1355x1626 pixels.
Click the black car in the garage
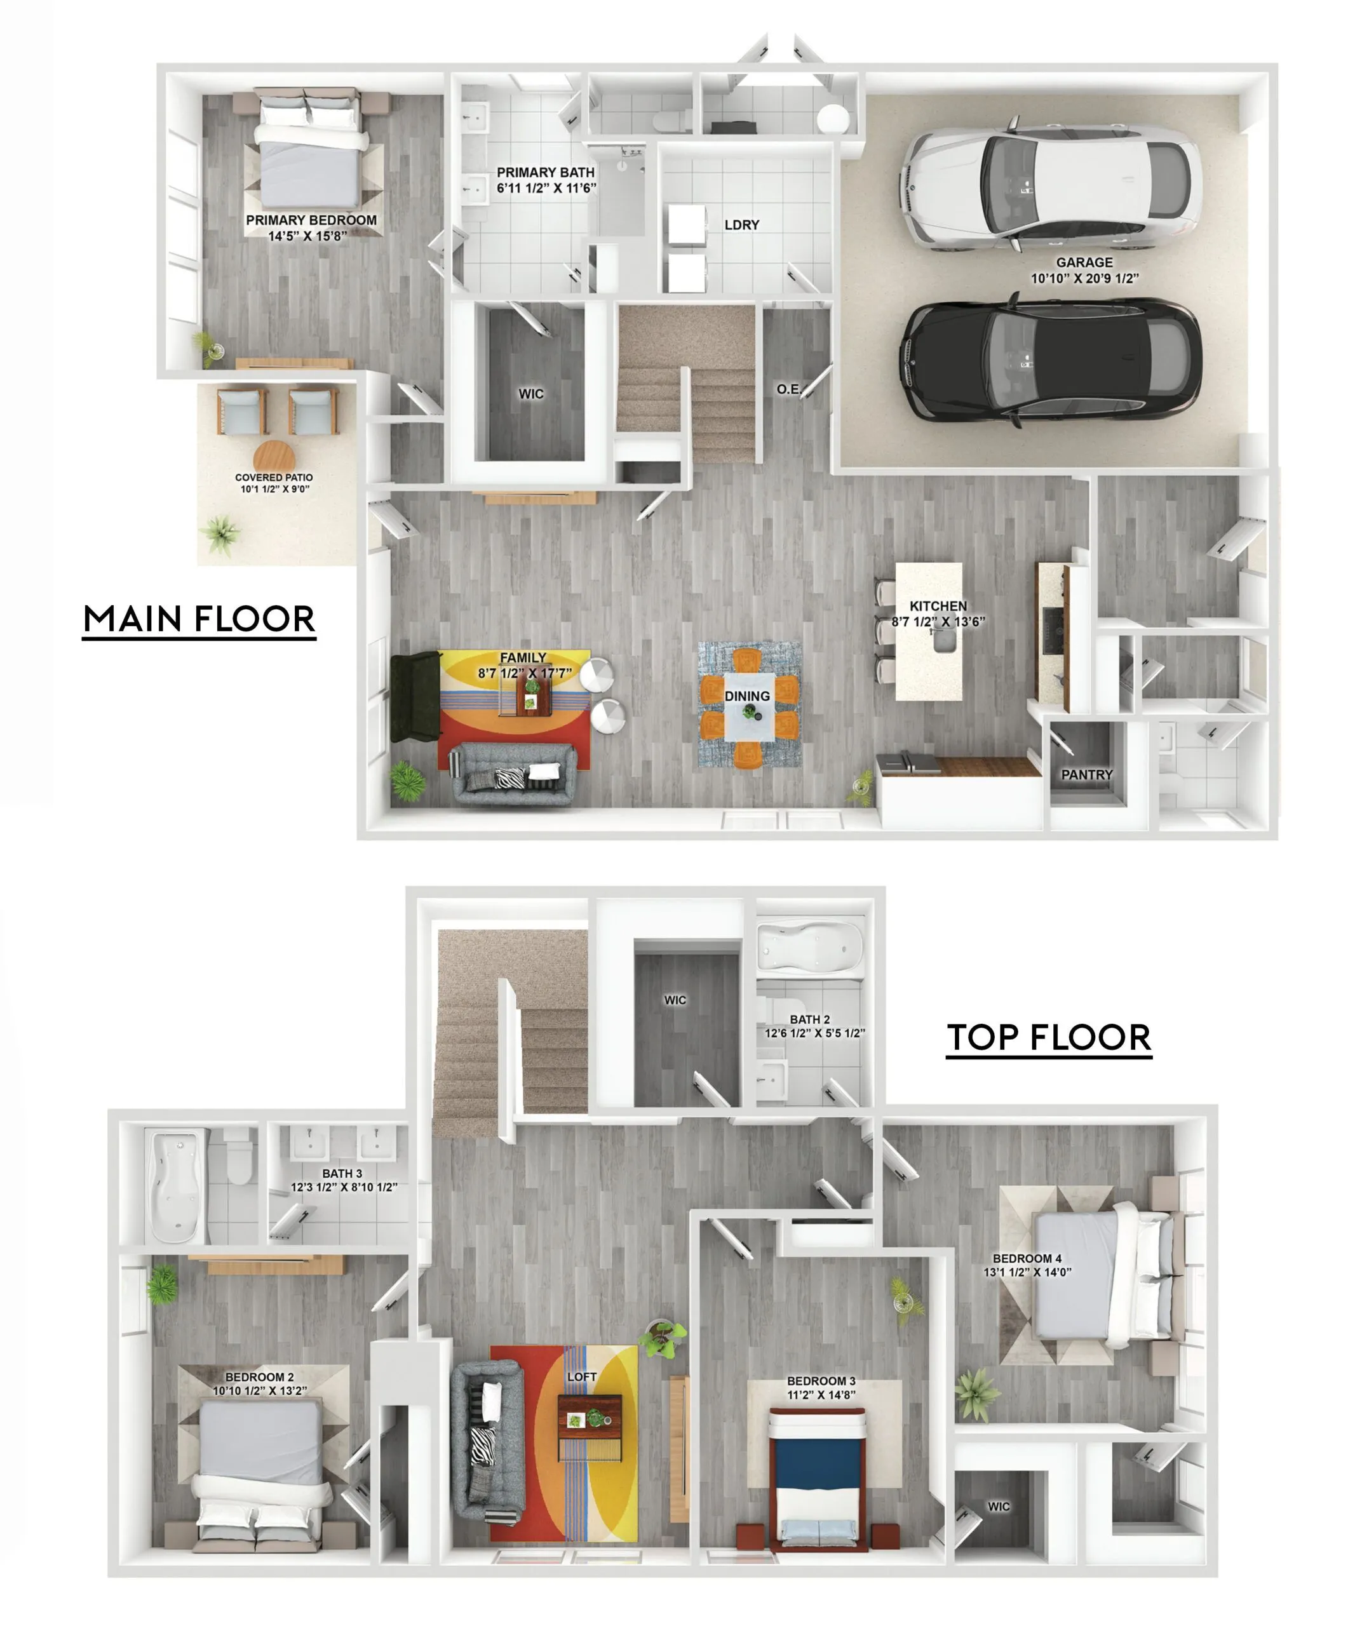tap(1051, 361)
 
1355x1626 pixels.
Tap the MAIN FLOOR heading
tap(199, 619)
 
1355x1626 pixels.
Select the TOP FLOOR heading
tap(1049, 1038)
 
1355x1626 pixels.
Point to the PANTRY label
tap(1086, 774)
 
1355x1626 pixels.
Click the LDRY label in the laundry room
tap(742, 225)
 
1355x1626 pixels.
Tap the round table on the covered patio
tap(274, 456)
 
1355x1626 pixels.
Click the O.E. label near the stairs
tap(789, 389)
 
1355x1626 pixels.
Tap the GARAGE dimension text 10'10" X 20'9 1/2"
tap(1084, 279)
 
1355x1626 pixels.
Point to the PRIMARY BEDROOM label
tap(311, 220)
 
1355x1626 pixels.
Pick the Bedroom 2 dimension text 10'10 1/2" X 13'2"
tap(260, 1390)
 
